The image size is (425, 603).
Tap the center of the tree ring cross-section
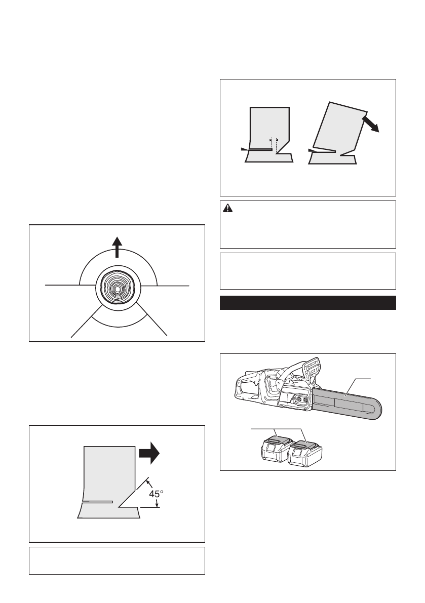117,288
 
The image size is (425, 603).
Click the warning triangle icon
228,209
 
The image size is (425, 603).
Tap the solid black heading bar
307,303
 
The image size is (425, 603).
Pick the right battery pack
305,449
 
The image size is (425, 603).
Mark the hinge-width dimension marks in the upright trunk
274,139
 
